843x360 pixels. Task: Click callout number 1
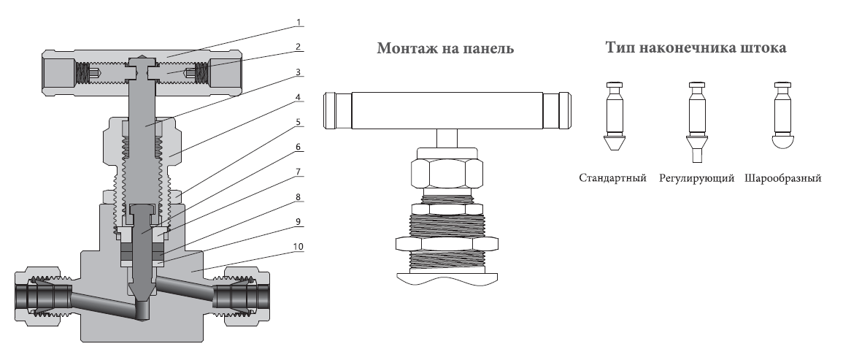(x=299, y=23)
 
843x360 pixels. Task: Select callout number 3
(x=299, y=72)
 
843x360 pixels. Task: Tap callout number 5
(x=299, y=122)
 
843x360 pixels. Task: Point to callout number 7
(x=299, y=172)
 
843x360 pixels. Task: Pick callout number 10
(x=299, y=247)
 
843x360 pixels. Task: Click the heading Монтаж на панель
(x=445, y=48)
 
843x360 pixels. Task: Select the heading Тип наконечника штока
(x=696, y=47)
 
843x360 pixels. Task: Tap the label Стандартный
(x=612, y=178)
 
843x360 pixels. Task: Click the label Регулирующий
(x=697, y=178)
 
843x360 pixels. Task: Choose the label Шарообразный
(x=783, y=178)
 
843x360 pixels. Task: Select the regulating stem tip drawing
(x=696, y=122)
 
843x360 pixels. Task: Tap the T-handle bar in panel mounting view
(x=447, y=110)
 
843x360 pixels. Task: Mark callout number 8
(x=299, y=197)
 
